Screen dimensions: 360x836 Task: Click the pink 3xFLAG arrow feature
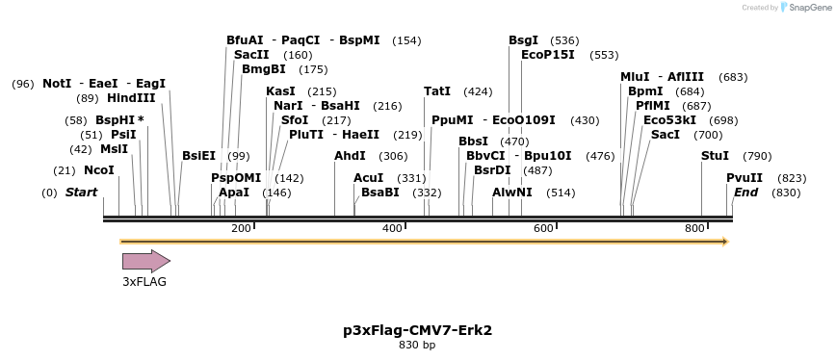pos(145,261)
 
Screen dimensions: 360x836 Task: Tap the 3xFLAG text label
pos(144,282)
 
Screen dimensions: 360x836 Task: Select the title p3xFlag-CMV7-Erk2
pos(417,330)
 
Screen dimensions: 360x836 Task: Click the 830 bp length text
pos(417,345)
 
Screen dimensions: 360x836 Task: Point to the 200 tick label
pos(241,228)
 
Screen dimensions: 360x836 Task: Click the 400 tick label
pos(392,228)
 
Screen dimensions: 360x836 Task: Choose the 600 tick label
pos(543,228)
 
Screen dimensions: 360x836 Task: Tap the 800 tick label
pos(694,228)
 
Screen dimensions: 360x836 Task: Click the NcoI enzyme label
pos(99,170)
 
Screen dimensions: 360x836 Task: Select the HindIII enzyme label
pos(131,98)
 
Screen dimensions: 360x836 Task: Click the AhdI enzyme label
pos(350,156)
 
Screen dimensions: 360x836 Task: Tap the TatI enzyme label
pos(437,91)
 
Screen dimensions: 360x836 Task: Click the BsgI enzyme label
pos(524,40)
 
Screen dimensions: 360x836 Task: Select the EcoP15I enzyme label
pos(548,55)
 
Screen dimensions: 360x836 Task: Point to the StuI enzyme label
pos(715,156)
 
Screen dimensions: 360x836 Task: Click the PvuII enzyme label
pos(745,178)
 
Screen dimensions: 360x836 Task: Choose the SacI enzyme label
pos(666,135)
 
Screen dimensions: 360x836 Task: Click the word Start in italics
pos(81,193)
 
